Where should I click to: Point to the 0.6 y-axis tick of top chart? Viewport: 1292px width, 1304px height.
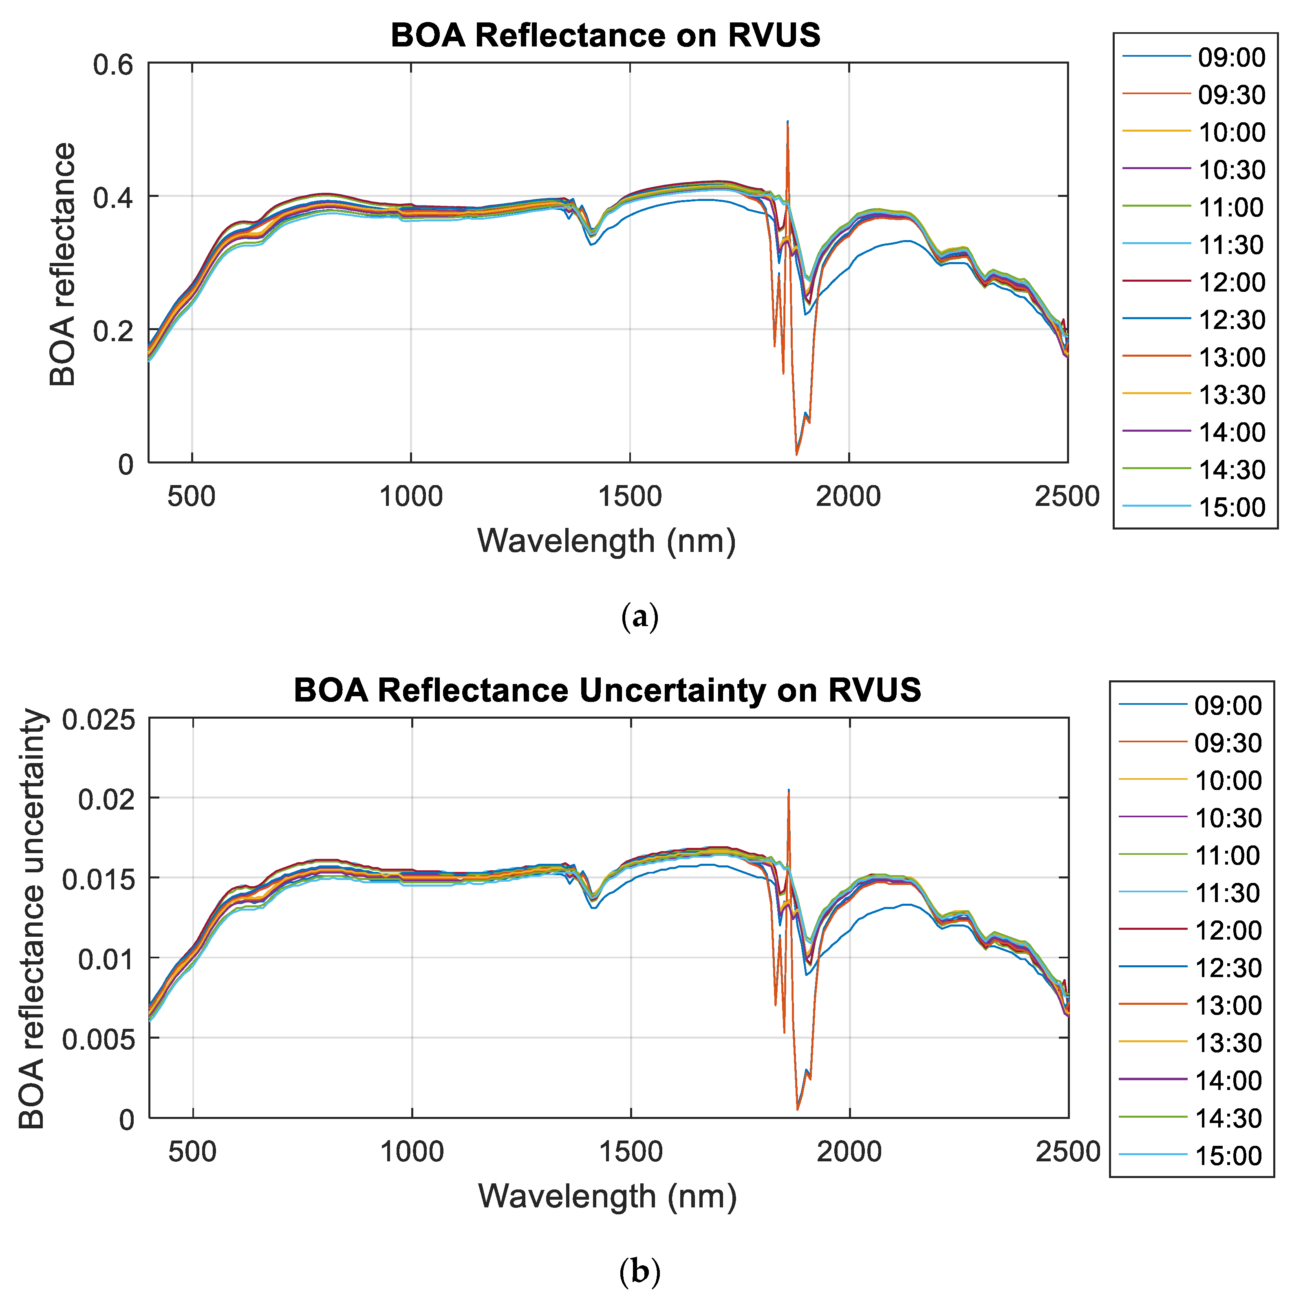(113, 65)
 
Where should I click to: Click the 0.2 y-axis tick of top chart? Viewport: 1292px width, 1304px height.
(113, 331)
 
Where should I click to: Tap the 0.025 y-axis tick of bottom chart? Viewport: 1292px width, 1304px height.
(99, 719)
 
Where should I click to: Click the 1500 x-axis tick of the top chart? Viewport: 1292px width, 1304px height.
(629, 497)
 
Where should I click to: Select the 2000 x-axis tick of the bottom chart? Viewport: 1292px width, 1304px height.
(849, 1152)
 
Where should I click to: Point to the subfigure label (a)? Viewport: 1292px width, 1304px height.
(639, 617)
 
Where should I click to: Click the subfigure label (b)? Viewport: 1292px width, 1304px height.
(639, 1272)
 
